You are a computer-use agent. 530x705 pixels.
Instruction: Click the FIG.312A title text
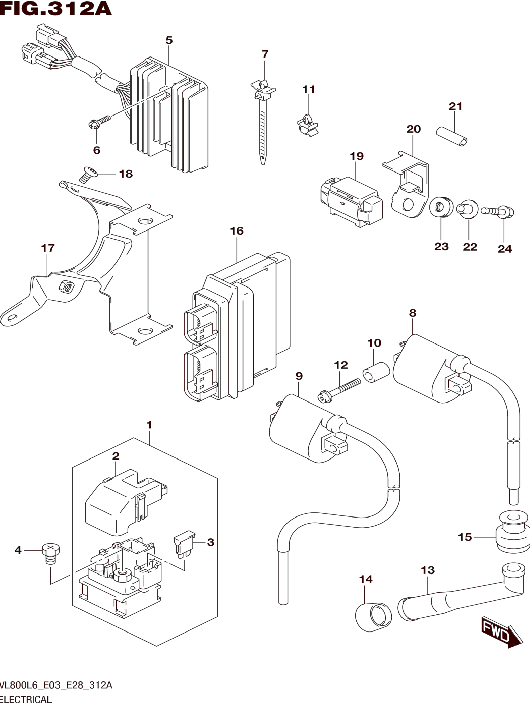click(56, 9)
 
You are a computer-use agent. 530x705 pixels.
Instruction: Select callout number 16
click(237, 231)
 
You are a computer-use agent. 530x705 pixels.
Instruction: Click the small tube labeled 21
click(452, 136)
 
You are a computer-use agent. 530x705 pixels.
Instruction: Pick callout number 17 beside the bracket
click(48, 248)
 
